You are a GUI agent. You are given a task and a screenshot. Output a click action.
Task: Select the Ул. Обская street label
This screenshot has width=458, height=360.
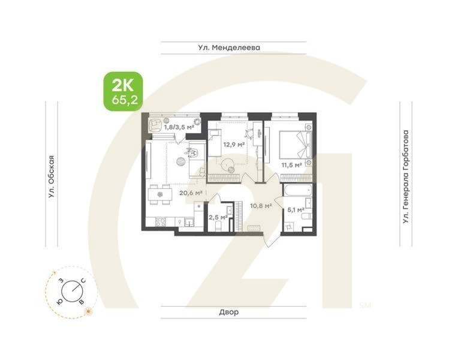[x=52, y=176]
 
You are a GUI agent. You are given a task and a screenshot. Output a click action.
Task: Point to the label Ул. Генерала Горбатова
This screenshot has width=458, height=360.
[x=406, y=177]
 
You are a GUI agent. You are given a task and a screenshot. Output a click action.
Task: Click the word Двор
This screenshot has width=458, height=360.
[x=228, y=312]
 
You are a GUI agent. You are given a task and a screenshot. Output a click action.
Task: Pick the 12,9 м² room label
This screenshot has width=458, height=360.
[x=233, y=145]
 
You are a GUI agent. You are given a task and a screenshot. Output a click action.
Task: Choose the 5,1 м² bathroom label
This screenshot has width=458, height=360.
[x=296, y=209]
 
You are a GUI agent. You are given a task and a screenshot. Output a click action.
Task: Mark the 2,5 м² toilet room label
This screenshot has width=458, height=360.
[x=217, y=217]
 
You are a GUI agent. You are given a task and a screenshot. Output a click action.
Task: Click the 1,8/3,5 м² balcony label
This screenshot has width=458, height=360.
[x=179, y=127]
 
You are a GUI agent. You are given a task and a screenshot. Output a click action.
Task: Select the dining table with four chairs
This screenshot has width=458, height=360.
[x=159, y=194]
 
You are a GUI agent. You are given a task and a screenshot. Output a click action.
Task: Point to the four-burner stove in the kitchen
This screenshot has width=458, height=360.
[x=161, y=222]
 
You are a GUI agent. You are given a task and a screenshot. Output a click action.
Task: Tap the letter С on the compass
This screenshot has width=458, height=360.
[x=83, y=280]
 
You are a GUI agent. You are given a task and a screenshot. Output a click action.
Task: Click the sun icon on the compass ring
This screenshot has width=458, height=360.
[x=89, y=310]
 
